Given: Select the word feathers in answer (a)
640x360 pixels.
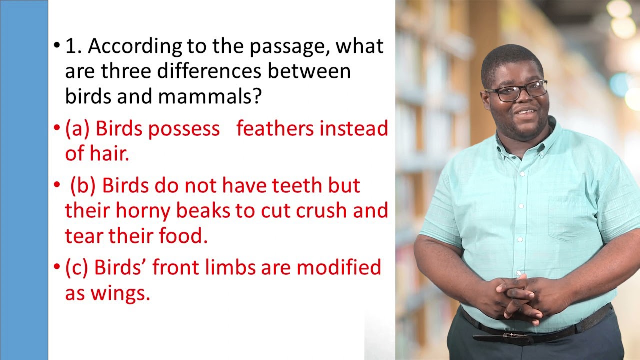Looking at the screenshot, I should coord(275,129).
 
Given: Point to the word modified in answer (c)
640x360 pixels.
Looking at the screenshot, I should coord(339,268).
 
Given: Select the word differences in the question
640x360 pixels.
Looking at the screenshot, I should coord(209,71).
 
